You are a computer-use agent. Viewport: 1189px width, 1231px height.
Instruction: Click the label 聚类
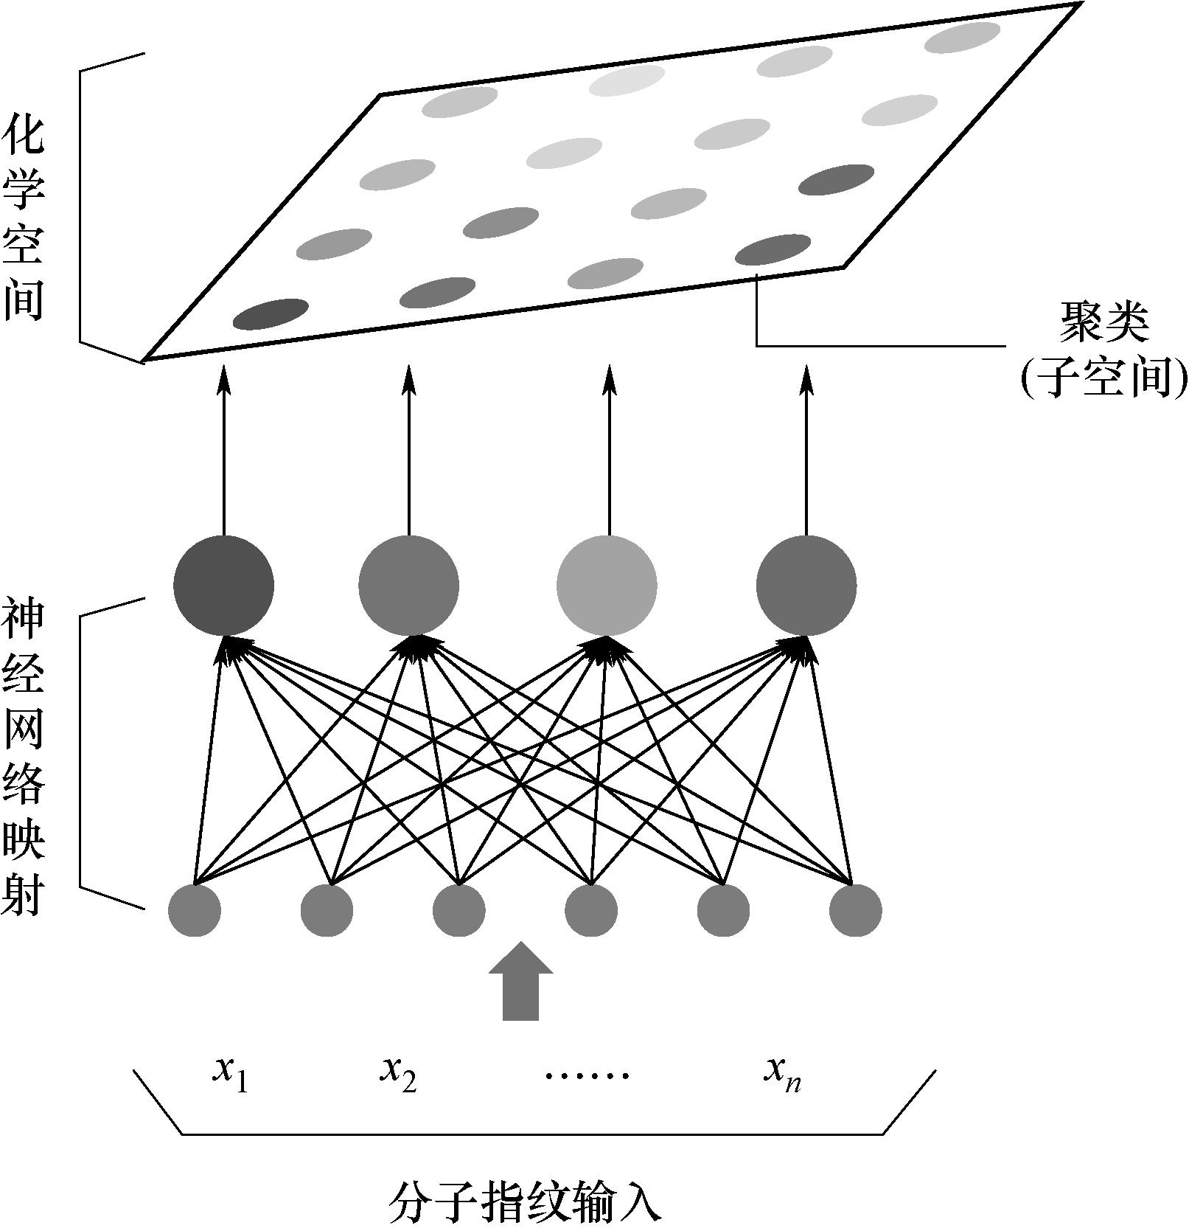(1103, 323)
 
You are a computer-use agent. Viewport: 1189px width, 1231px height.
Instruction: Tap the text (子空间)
(1104, 380)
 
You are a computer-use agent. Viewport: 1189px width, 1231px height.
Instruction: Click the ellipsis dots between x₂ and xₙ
(587, 1075)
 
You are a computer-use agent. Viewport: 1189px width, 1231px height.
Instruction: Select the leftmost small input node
(195, 911)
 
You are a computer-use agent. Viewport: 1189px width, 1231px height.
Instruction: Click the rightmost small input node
(855, 911)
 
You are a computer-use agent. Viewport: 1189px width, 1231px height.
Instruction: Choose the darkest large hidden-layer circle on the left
(223, 586)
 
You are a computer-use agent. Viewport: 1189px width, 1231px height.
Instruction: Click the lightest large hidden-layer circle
(607, 586)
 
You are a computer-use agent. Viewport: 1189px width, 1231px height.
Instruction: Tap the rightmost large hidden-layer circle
(806, 586)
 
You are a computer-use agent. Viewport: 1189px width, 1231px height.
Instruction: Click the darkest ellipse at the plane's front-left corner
(271, 313)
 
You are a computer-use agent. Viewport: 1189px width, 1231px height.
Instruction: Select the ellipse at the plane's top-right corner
(962, 38)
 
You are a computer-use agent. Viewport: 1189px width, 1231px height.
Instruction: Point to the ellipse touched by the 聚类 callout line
(773, 250)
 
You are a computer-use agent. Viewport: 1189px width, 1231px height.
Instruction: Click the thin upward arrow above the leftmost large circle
(223, 450)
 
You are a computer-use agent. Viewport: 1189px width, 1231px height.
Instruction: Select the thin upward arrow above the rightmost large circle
(806, 450)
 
